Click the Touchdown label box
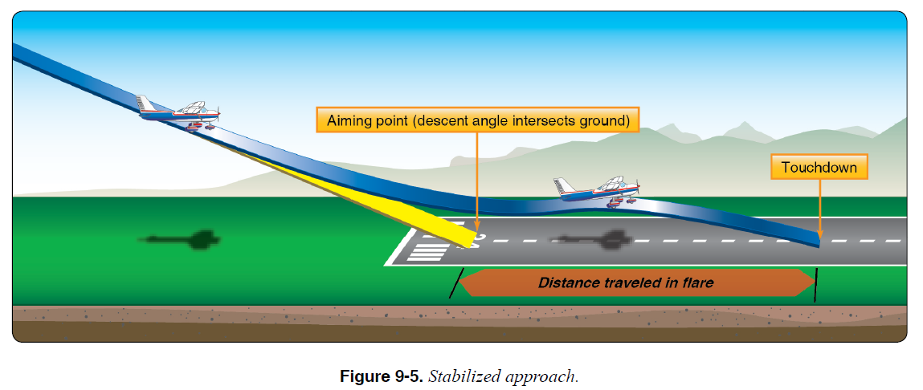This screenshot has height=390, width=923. click(x=819, y=168)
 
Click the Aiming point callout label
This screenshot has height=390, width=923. click(x=477, y=120)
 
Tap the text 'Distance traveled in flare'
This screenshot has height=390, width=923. click(x=626, y=282)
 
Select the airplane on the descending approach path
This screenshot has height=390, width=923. click(x=179, y=112)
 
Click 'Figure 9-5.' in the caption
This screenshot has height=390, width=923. click(x=382, y=376)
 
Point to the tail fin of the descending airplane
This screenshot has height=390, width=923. click(x=145, y=104)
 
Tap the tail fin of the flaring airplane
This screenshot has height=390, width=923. click(x=563, y=186)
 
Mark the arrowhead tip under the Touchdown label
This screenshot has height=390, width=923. click(x=820, y=236)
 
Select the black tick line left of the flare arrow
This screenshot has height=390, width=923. click(x=455, y=283)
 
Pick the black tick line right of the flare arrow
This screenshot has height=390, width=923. click(x=816, y=285)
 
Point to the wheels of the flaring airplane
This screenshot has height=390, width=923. click(x=618, y=204)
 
